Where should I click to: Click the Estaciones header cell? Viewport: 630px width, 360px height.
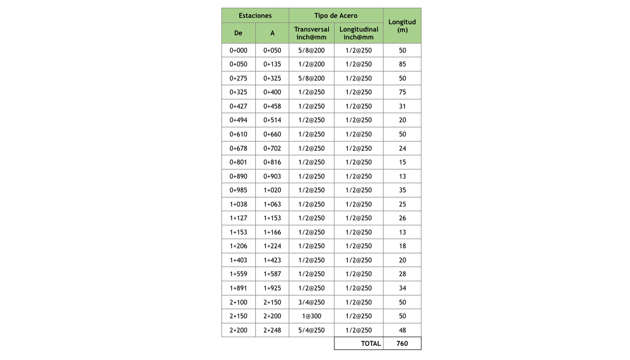pyautogui.click(x=255, y=15)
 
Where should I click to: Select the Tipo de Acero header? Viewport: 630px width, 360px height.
pyautogui.click(x=336, y=15)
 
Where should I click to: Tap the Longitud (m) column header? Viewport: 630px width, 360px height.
pyautogui.click(x=402, y=26)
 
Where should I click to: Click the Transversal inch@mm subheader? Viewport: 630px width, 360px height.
pyautogui.click(x=311, y=33)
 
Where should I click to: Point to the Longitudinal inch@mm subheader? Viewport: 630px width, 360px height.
pyautogui.click(x=359, y=33)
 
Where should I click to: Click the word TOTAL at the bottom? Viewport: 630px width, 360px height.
pyautogui.click(x=370, y=343)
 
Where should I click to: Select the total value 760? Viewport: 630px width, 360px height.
pyautogui.click(x=402, y=343)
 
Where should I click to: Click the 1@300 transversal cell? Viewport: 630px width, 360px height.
pyautogui.click(x=311, y=316)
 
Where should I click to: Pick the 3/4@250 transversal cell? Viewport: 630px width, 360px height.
pyautogui.click(x=311, y=302)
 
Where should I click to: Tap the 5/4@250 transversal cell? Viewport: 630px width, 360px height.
pyautogui.click(x=311, y=330)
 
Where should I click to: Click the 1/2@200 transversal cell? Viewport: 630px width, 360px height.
pyautogui.click(x=311, y=64)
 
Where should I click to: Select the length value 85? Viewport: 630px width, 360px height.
pyautogui.click(x=402, y=64)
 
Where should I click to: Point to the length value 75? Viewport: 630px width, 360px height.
pyautogui.click(x=402, y=92)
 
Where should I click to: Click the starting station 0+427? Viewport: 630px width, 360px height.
pyautogui.click(x=238, y=106)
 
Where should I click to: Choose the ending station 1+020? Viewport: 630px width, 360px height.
pyautogui.click(x=272, y=190)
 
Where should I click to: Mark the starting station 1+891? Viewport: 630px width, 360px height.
pyautogui.click(x=238, y=288)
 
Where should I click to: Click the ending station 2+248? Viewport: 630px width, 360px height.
pyautogui.click(x=272, y=330)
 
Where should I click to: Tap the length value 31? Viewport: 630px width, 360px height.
pyautogui.click(x=402, y=106)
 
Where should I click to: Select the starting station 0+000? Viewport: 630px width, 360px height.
pyautogui.click(x=238, y=50)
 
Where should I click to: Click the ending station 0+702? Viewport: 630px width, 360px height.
pyautogui.click(x=272, y=148)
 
